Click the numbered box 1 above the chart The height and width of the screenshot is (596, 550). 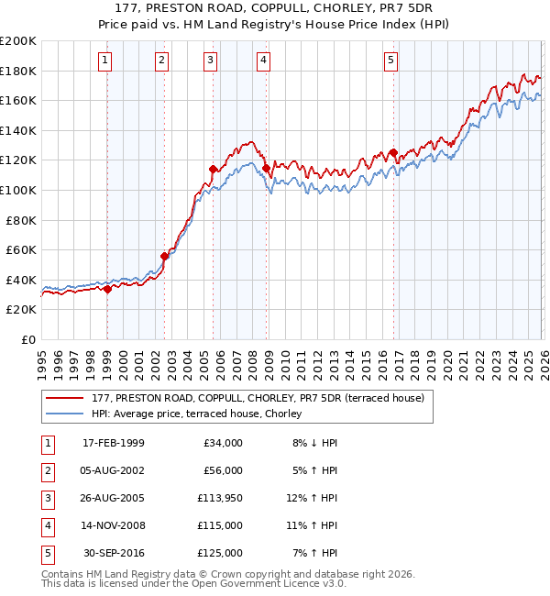pyautogui.click(x=106, y=61)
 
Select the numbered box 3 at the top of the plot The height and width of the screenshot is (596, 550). pyautogui.click(x=211, y=61)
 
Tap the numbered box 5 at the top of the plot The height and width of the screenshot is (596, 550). pyautogui.click(x=391, y=61)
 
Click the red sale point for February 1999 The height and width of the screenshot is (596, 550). pyautogui.click(x=107, y=289)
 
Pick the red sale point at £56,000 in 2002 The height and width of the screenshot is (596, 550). pyautogui.click(x=164, y=256)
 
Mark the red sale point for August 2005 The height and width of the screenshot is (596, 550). pyautogui.click(x=214, y=169)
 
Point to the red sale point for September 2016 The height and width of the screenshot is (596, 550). pyautogui.click(x=392, y=152)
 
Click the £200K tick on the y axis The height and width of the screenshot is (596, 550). pyautogui.click(x=18, y=41)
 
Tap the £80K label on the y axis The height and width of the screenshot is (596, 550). pyautogui.click(x=21, y=220)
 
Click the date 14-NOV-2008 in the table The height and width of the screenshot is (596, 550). pyautogui.click(x=113, y=525)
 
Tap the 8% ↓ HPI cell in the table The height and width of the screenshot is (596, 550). pyautogui.click(x=313, y=443)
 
